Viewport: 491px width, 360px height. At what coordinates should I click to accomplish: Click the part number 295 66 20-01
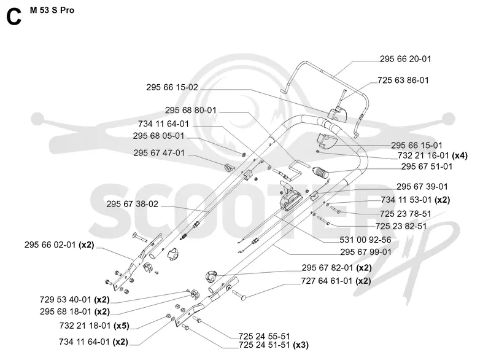click(x=406, y=59)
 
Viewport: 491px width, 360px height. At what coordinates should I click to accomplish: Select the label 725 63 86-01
click(x=403, y=80)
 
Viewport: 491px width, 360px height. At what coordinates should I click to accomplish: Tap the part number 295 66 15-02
click(x=172, y=87)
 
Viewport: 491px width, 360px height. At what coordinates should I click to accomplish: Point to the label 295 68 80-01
click(x=191, y=111)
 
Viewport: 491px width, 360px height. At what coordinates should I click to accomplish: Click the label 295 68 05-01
click(x=158, y=136)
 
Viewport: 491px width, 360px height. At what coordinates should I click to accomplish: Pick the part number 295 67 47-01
click(x=159, y=153)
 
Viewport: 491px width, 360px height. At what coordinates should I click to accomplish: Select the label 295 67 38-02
click(x=132, y=204)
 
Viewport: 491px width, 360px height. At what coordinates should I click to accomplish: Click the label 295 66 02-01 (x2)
click(x=59, y=245)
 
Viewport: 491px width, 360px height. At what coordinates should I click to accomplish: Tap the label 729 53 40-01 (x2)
click(x=74, y=300)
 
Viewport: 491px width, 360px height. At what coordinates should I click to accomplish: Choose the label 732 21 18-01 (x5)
click(x=95, y=326)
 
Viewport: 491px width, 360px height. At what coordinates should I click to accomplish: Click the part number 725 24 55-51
click(x=265, y=337)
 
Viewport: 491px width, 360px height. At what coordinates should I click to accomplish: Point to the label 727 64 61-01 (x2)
click(x=336, y=281)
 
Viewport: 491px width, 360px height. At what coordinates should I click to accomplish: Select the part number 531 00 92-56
click(x=365, y=240)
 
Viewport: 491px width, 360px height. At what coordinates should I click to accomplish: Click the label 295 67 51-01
click(x=427, y=166)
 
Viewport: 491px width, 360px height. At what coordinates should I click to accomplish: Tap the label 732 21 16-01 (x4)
click(x=433, y=155)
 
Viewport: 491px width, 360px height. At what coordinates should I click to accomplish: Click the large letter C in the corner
click(x=14, y=17)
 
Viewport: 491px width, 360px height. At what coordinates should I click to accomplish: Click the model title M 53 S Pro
click(x=52, y=10)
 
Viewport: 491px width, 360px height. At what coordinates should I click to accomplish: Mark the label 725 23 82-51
click(x=401, y=226)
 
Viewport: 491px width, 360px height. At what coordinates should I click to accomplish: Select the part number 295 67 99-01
click(x=366, y=252)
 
